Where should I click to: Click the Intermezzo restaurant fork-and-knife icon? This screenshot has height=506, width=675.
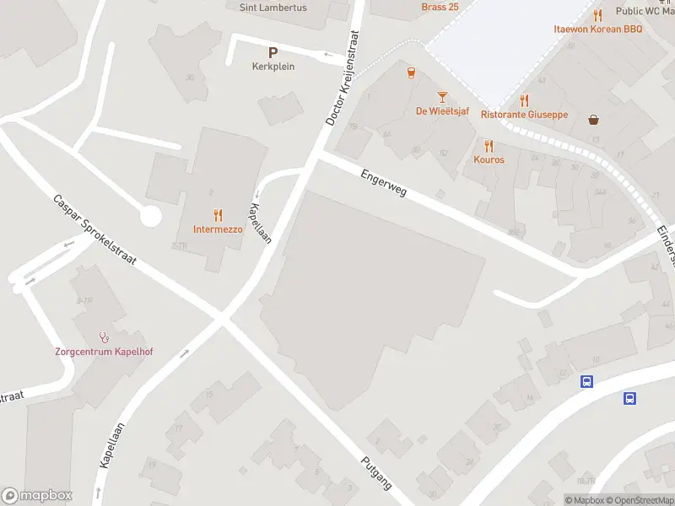coord(218,215)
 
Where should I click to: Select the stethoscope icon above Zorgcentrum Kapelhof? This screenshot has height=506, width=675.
coord(105,336)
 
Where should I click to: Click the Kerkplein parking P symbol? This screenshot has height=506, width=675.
coord(273,51)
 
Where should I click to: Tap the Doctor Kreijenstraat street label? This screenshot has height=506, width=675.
coord(343,79)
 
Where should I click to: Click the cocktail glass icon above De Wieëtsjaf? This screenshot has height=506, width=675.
coord(441,98)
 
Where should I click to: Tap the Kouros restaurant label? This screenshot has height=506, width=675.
coord(489,159)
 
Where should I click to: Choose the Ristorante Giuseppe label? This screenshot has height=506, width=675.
coord(524,115)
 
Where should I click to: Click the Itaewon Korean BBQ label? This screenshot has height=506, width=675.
coord(597,29)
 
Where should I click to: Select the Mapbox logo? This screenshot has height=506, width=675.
coord(37,496)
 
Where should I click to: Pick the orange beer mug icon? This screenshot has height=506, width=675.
coord(411,73)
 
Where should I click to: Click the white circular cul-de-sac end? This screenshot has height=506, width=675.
coord(150,216)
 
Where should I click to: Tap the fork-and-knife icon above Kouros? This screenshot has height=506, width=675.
coord(489,145)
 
